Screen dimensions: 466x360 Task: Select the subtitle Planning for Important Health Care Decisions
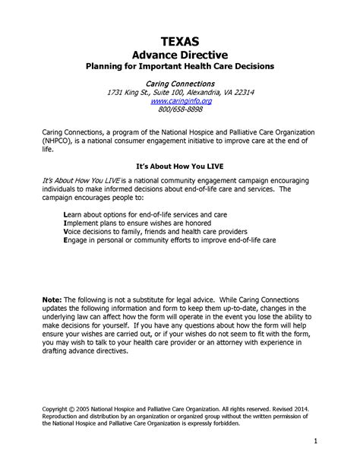(180, 67)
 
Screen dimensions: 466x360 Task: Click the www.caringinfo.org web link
(180, 100)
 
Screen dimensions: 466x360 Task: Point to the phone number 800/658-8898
(180, 109)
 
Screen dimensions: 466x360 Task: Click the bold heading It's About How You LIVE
(180, 165)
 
